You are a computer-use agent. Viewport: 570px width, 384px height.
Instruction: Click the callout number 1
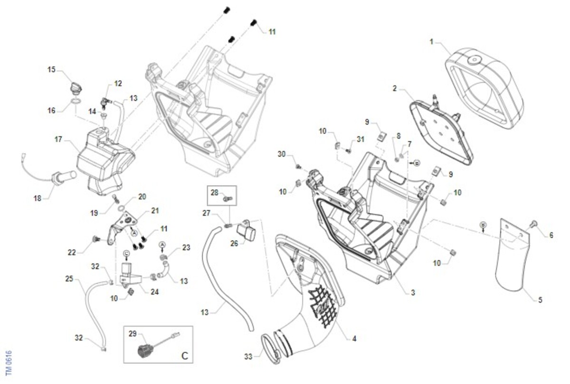[x=431, y=42]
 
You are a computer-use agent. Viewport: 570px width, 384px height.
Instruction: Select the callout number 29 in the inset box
[x=133, y=334]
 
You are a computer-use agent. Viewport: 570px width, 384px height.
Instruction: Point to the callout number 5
[x=540, y=300]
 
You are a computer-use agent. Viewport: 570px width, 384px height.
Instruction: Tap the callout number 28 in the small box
[x=214, y=193]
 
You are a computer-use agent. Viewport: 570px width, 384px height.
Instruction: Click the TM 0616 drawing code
[x=9, y=364]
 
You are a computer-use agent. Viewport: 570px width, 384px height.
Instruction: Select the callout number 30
[x=282, y=154]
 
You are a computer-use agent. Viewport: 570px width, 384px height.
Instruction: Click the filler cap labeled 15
[x=76, y=88]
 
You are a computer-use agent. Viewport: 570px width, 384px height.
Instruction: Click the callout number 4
[x=354, y=339]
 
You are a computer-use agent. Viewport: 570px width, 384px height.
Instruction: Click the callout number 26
[x=234, y=244]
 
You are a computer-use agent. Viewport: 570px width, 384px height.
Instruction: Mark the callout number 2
[x=395, y=88]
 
